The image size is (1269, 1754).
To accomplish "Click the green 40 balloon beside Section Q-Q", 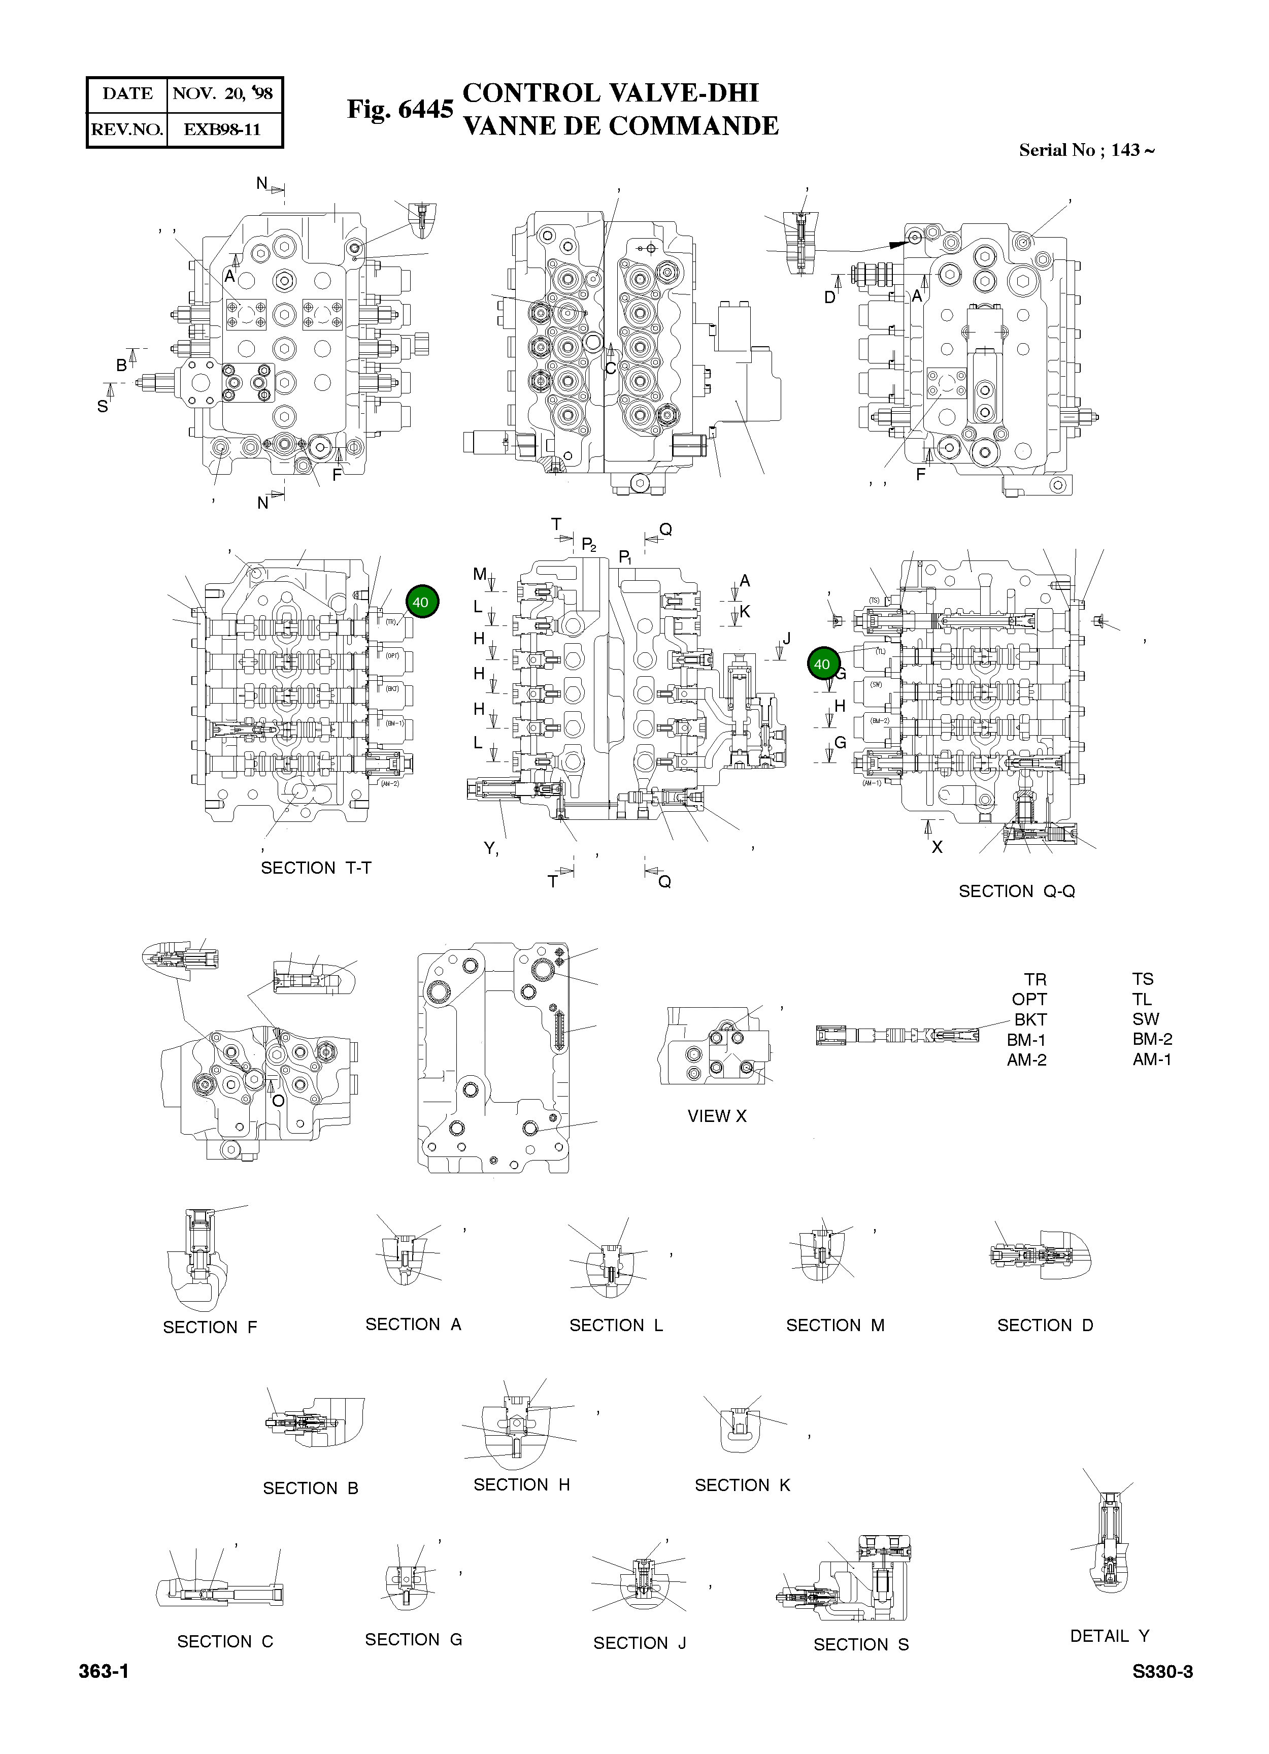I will click(822, 664).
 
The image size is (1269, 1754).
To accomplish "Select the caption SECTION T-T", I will click(316, 868).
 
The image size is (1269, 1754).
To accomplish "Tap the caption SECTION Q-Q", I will click(1016, 891).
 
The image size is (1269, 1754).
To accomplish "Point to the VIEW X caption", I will click(717, 1116).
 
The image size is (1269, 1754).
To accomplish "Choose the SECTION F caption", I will click(210, 1327).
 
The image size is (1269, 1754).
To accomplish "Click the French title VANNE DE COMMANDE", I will click(620, 126).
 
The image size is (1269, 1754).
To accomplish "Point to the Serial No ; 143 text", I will click(1086, 150).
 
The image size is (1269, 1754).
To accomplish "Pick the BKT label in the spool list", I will click(1030, 1019).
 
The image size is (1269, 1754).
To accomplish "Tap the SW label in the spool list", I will click(1145, 1019).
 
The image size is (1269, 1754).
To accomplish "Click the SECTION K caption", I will click(743, 1485).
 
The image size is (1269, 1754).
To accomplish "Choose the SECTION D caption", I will click(1045, 1325).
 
